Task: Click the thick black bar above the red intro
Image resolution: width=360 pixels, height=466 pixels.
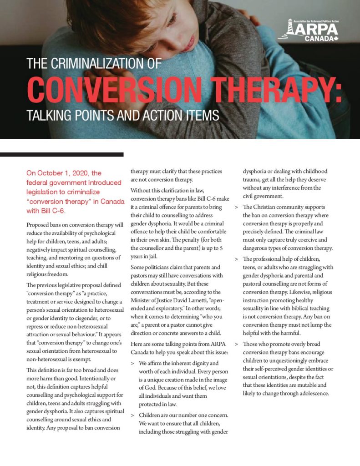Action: [x=61, y=155]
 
